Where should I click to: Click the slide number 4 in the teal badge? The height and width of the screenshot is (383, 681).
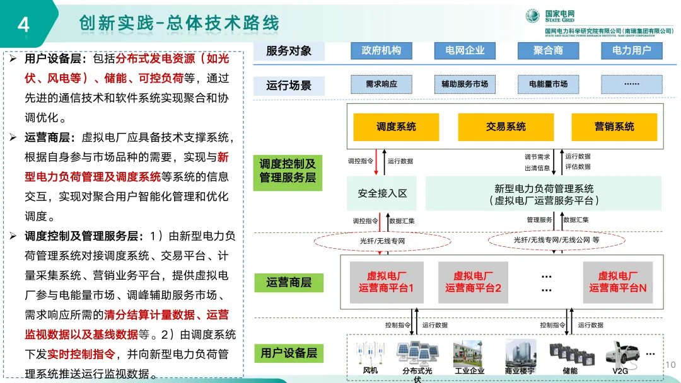click(x=23, y=24)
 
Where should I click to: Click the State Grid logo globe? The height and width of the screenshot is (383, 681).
click(x=533, y=16)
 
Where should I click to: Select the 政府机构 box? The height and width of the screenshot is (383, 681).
click(x=381, y=50)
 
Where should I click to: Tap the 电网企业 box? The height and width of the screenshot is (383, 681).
click(x=465, y=50)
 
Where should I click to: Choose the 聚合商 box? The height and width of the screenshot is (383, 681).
click(x=547, y=50)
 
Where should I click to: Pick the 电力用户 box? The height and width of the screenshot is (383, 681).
click(x=631, y=50)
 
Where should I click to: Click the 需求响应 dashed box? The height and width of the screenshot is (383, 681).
click(x=381, y=84)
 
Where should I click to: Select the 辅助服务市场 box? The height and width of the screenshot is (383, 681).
click(x=465, y=84)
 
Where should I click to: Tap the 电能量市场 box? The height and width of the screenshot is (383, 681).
click(x=547, y=84)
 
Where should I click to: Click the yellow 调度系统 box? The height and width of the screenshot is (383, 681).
click(x=396, y=127)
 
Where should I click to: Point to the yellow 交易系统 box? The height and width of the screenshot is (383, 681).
click(x=506, y=127)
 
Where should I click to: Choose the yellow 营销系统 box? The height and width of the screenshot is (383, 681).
click(x=614, y=127)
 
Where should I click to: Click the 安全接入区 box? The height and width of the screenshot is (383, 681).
click(x=382, y=193)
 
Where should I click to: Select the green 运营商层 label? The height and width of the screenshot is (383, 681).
click(x=288, y=283)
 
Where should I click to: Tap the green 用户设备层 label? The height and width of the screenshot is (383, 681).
click(x=288, y=353)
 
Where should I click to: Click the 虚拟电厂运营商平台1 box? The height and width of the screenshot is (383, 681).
click(x=385, y=282)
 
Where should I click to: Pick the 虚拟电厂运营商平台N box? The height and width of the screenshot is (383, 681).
click(x=617, y=282)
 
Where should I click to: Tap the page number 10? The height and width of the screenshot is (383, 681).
click(x=670, y=365)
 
